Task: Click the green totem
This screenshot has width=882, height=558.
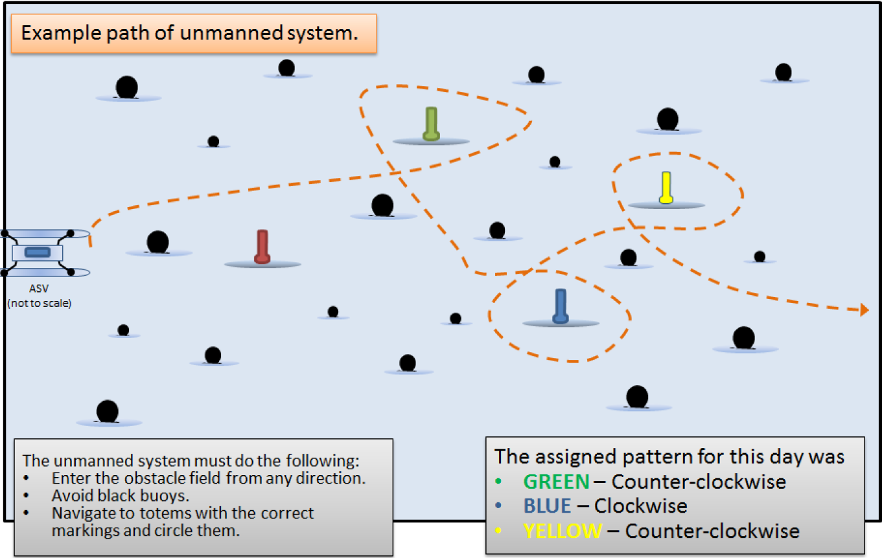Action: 431,124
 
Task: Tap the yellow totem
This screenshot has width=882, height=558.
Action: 666,188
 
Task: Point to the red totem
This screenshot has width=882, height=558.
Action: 262,247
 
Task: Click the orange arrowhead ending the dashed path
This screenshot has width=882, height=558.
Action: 864,310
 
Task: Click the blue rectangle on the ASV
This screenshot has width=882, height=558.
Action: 37,252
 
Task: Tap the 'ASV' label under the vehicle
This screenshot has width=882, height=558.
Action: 39,289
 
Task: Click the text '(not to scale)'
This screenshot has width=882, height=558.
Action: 39,302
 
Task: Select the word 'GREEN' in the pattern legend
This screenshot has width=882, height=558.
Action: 557,482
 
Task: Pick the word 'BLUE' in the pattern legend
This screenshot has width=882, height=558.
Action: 548,506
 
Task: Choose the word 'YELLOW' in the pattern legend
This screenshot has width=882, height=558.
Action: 563,531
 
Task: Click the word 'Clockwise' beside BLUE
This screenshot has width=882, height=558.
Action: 641,506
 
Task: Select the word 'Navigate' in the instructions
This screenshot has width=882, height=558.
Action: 82,513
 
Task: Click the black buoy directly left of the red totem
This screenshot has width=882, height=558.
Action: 157,242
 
